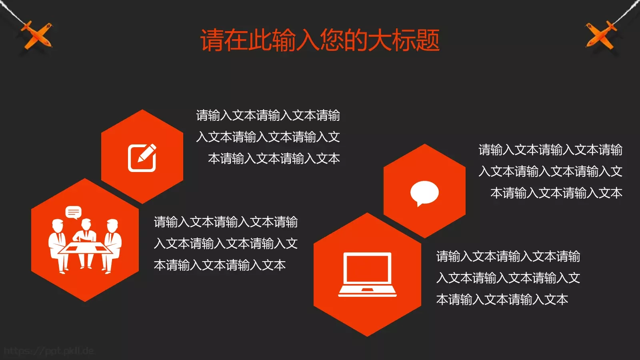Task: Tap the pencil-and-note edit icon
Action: tap(142, 158)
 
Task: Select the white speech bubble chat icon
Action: tap(424, 193)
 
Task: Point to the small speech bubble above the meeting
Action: tap(74, 212)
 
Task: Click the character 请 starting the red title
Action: tap(212, 40)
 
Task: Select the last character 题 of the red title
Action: tap(428, 40)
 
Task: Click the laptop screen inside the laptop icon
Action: tap(367, 268)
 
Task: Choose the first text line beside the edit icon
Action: tap(268, 116)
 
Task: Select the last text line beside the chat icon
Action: tap(556, 193)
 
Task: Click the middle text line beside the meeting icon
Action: tap(226, 244)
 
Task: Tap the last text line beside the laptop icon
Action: tap(502, 300)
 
